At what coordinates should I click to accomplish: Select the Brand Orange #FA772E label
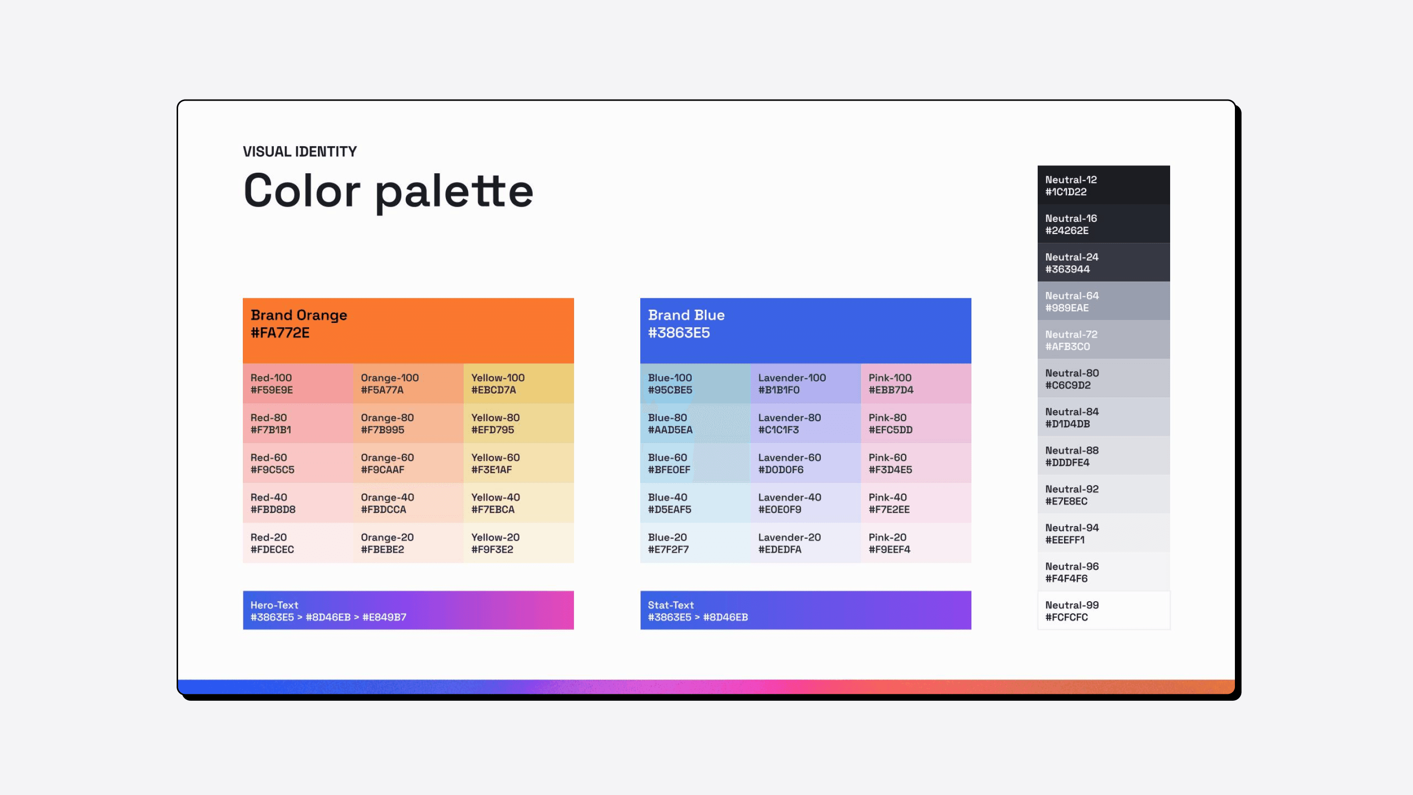pos(299,324)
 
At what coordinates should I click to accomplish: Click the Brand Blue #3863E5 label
pos(686,324)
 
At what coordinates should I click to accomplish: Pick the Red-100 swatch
pos(298,383)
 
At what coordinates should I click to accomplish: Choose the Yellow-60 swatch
pos(519,463)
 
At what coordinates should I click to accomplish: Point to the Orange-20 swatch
pos(408,543)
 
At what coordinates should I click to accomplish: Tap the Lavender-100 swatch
pos(805,383)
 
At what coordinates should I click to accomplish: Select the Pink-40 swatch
pos(916,503)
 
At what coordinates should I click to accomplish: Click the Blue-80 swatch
pos(695,424)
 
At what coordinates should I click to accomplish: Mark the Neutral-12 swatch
pos(1103,185)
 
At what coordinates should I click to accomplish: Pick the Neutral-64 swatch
pos(1103,301)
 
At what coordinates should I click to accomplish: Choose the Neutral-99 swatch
pos(1103,610)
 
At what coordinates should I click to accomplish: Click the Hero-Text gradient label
pos(328,610)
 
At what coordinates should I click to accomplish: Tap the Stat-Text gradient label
pos(698,610)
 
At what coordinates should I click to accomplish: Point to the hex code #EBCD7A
pos(493,390)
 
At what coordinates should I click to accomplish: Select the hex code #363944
pos(1068,269)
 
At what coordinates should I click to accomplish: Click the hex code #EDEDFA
pos(780,549)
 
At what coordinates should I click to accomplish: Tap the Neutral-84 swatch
pos(1103,417)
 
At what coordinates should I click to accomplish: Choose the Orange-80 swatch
pos(408,424)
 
